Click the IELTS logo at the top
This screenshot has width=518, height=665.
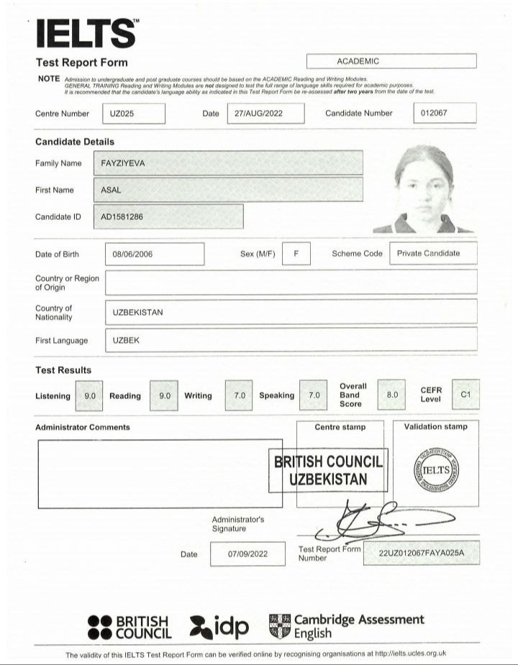(86, 32)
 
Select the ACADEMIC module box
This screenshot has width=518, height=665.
(391, 61)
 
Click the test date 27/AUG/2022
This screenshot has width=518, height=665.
(265, 114)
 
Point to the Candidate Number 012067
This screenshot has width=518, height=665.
(445, 114)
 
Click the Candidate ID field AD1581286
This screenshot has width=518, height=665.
(168, 216)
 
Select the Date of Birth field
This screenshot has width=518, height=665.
(154, 254)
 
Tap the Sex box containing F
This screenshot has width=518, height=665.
(296, 254)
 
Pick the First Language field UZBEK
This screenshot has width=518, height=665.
(291, 340)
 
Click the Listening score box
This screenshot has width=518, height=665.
(90, 395)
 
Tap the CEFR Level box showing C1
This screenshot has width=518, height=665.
(465, 395)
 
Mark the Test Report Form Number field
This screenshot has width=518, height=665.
(422, 553)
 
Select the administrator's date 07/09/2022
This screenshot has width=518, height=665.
(247, 554)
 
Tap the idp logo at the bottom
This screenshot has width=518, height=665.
(219, 627)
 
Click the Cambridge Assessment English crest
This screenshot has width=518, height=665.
(280, 626)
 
